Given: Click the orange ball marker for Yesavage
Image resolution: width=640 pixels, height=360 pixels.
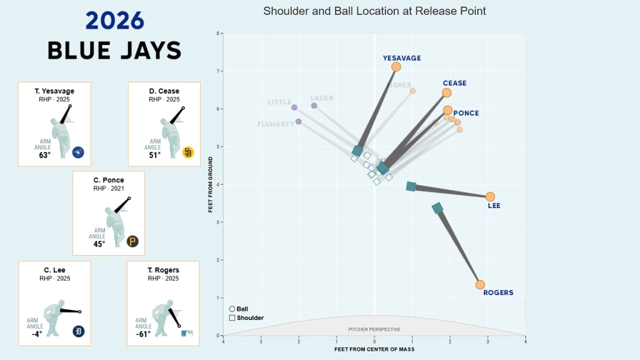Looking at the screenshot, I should click(x=396, y=67).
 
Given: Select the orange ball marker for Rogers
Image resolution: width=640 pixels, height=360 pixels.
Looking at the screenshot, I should click(x=480, y=285).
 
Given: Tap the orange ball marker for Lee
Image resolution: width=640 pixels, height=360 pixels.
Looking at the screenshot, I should click(x=490, y=197).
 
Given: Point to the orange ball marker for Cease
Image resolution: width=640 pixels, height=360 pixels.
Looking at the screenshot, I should click(x=447, y=92).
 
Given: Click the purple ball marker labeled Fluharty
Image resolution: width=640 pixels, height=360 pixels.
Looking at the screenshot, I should click(x=299, y=121).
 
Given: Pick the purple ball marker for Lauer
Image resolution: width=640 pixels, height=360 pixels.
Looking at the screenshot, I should click(x=314, y=106).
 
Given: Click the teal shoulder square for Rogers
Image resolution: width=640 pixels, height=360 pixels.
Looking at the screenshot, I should click(x=438, y=208).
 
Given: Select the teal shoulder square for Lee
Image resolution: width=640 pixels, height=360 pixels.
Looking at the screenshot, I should click(x=411, y=186).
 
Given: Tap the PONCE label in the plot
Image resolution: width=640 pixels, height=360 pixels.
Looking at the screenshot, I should click(x=466, y=113).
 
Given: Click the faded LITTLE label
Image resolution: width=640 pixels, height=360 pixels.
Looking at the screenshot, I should click(x=280, y=102).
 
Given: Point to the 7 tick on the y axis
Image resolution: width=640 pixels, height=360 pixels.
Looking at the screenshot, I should click(x=217, y=71).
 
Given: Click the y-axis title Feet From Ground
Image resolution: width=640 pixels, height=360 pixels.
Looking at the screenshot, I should click(x=211, y=184).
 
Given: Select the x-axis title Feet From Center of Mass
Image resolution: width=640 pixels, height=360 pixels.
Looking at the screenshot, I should click(x=374, y=349).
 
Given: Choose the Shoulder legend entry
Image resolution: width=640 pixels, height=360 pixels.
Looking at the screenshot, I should click(x=246, y=317).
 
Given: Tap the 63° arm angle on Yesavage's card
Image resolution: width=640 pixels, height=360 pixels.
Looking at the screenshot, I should click(x=44, y=155).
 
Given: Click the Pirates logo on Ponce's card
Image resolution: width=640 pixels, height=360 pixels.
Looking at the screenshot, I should click(x=132, y=241).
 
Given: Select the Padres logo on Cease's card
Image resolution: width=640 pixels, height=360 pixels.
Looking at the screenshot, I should click(x=187, y=152).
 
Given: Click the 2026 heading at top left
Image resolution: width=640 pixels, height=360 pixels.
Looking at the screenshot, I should click(x=115, y=21).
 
